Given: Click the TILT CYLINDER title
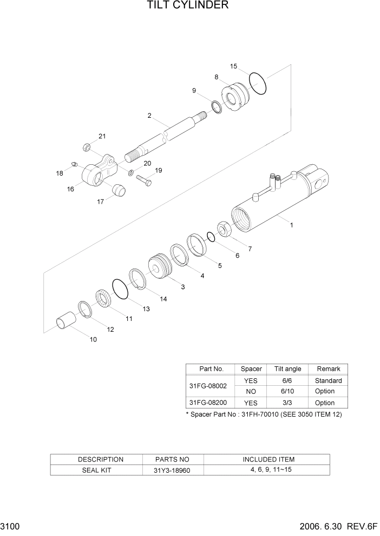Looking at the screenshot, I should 187,6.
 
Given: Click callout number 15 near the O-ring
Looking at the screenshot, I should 233,66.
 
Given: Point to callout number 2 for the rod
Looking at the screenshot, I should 149,116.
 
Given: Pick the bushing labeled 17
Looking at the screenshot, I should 118,190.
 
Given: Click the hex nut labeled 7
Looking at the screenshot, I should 225,230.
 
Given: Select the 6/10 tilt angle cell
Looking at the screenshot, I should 287,391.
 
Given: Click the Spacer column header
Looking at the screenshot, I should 251,369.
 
